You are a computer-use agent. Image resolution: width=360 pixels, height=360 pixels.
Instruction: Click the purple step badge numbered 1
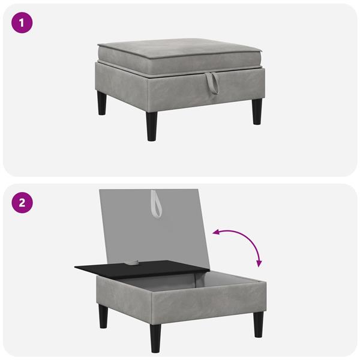pyautogui.click(x=22, y=23)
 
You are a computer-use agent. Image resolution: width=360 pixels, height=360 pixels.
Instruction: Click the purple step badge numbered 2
pyautogui.click(x=22, y=203)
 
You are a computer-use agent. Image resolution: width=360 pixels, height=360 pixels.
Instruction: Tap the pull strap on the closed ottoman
pyautogui.click(x=212, y=83)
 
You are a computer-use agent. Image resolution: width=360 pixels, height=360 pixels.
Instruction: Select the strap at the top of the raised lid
pyautogui.click(x=157, y=204)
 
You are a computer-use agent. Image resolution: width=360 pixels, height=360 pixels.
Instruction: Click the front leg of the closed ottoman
pyautogui.click(x=152, y=126)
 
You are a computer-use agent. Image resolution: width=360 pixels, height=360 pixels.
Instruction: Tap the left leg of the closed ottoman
pyautogui.click(x=102, y=103)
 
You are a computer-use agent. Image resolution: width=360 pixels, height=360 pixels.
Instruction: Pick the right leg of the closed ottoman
pyautogui.click(x=257, y=112)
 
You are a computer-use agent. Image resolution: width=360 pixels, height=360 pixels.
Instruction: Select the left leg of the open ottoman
pyautogui.click(x=104, y=316)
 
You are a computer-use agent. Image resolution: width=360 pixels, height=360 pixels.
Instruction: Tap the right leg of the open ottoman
pyautogui.click(x=259, y=324)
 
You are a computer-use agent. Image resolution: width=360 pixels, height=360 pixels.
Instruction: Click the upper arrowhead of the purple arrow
pyautogui.click(x=216, y=232)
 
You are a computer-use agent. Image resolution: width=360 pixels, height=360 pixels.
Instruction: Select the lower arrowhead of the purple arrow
pyautogui.click(x=259, y=264)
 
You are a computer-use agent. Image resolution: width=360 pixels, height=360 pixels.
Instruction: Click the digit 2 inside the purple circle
pyautogui.click(x=22, y=203)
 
